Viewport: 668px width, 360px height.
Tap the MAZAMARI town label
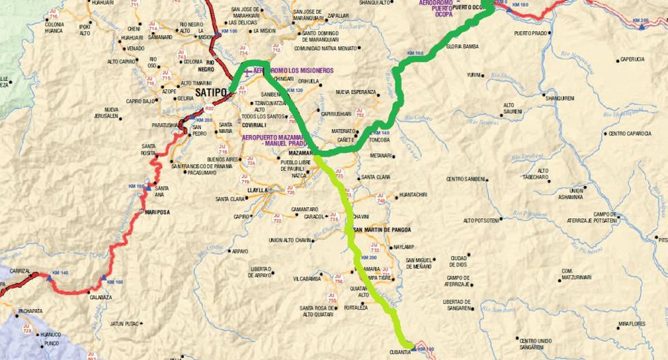pyautogui.click(x=295, y=153)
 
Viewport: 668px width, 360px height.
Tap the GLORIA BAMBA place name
pyautogui.click(x=463, y=46)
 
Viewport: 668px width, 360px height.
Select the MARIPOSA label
pyautogui.click(x=157, y=212)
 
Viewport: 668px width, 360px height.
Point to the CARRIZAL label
pyautogui.click(x=18, y=271)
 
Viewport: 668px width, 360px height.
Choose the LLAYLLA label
pyautogui.click(x=259, y=190)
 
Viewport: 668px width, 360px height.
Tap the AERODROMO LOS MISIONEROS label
pyautogui.click(x=293, y=70)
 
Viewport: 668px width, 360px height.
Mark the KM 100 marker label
pyautogui.click(x=229, y=31)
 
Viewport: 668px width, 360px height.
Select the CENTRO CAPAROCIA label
pyautogui.click(x=631, y=134)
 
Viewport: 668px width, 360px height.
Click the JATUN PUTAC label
pyautogui.click(x=125, y=323)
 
